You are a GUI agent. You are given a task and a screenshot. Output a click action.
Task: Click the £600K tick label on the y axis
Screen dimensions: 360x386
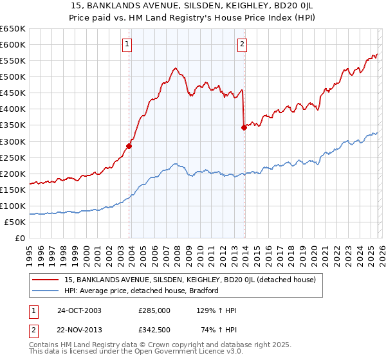[x=13, y=44]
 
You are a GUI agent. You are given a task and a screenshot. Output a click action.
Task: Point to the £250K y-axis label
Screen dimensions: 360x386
[x=13, y=157]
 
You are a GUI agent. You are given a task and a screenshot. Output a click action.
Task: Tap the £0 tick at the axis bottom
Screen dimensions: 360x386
[x=21, y=238]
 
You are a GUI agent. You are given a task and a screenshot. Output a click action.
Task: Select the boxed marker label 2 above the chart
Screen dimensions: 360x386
[x=243, y=44]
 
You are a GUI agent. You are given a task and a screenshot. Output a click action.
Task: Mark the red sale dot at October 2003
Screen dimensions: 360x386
[x=129, y=146]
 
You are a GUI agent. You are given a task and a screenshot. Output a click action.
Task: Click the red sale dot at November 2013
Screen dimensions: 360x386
[x=244, y=127]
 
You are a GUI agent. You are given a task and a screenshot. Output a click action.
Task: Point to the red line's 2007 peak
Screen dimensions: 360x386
[x=174, y=67]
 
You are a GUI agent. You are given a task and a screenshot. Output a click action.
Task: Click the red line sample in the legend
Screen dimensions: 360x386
[x=46, y=280]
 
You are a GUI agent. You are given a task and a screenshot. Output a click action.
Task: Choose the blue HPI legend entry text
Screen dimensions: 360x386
[x=142, y=291]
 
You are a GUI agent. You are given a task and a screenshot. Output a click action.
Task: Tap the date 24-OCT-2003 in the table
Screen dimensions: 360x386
[x=79, y=310]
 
